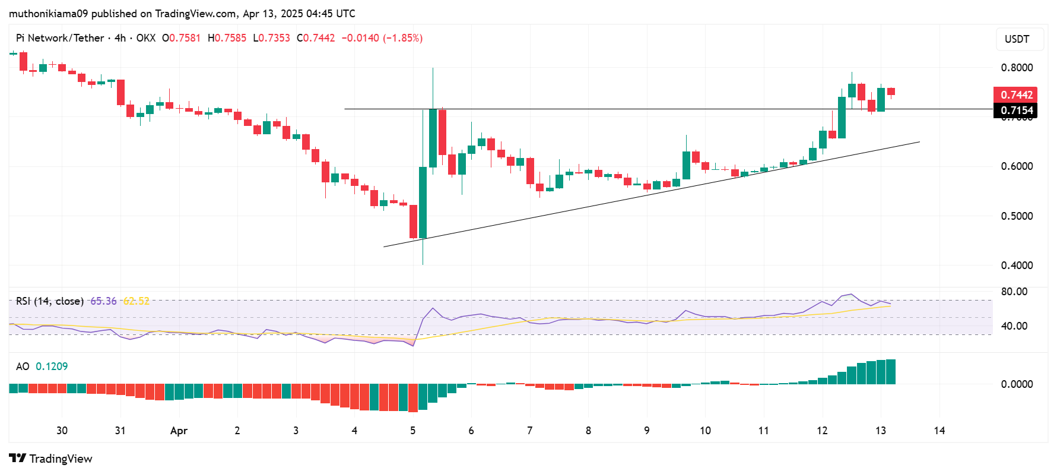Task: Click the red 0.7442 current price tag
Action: [x=1015, y=95]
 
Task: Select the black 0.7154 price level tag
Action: [x=1015, y=110]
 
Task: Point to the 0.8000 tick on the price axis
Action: [x=1017, y=68]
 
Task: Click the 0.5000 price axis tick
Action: [x=1017, y=216]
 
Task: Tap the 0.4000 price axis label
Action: [x=1017, y=266]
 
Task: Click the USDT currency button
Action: [x=1017, y=39]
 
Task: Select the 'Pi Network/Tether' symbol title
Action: [x=60, y=38]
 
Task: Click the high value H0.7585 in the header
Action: [x=227, y=38]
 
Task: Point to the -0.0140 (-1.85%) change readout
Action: [x=382, y=38]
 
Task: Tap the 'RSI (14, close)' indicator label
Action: [x=49, y=301]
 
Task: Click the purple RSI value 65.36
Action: [x=103, y=301]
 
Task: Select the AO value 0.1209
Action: [x=52, y=366]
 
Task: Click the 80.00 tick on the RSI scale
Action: [x=1014, y=292]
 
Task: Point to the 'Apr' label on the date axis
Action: [x=179, y=431]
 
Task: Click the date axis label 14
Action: [x=939, y=431]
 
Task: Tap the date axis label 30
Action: [x=62, y=431]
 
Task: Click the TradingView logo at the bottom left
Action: [x=51, y=459]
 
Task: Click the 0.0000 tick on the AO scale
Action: [x=1017, y=384]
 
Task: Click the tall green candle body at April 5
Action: [x=423, y=202]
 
